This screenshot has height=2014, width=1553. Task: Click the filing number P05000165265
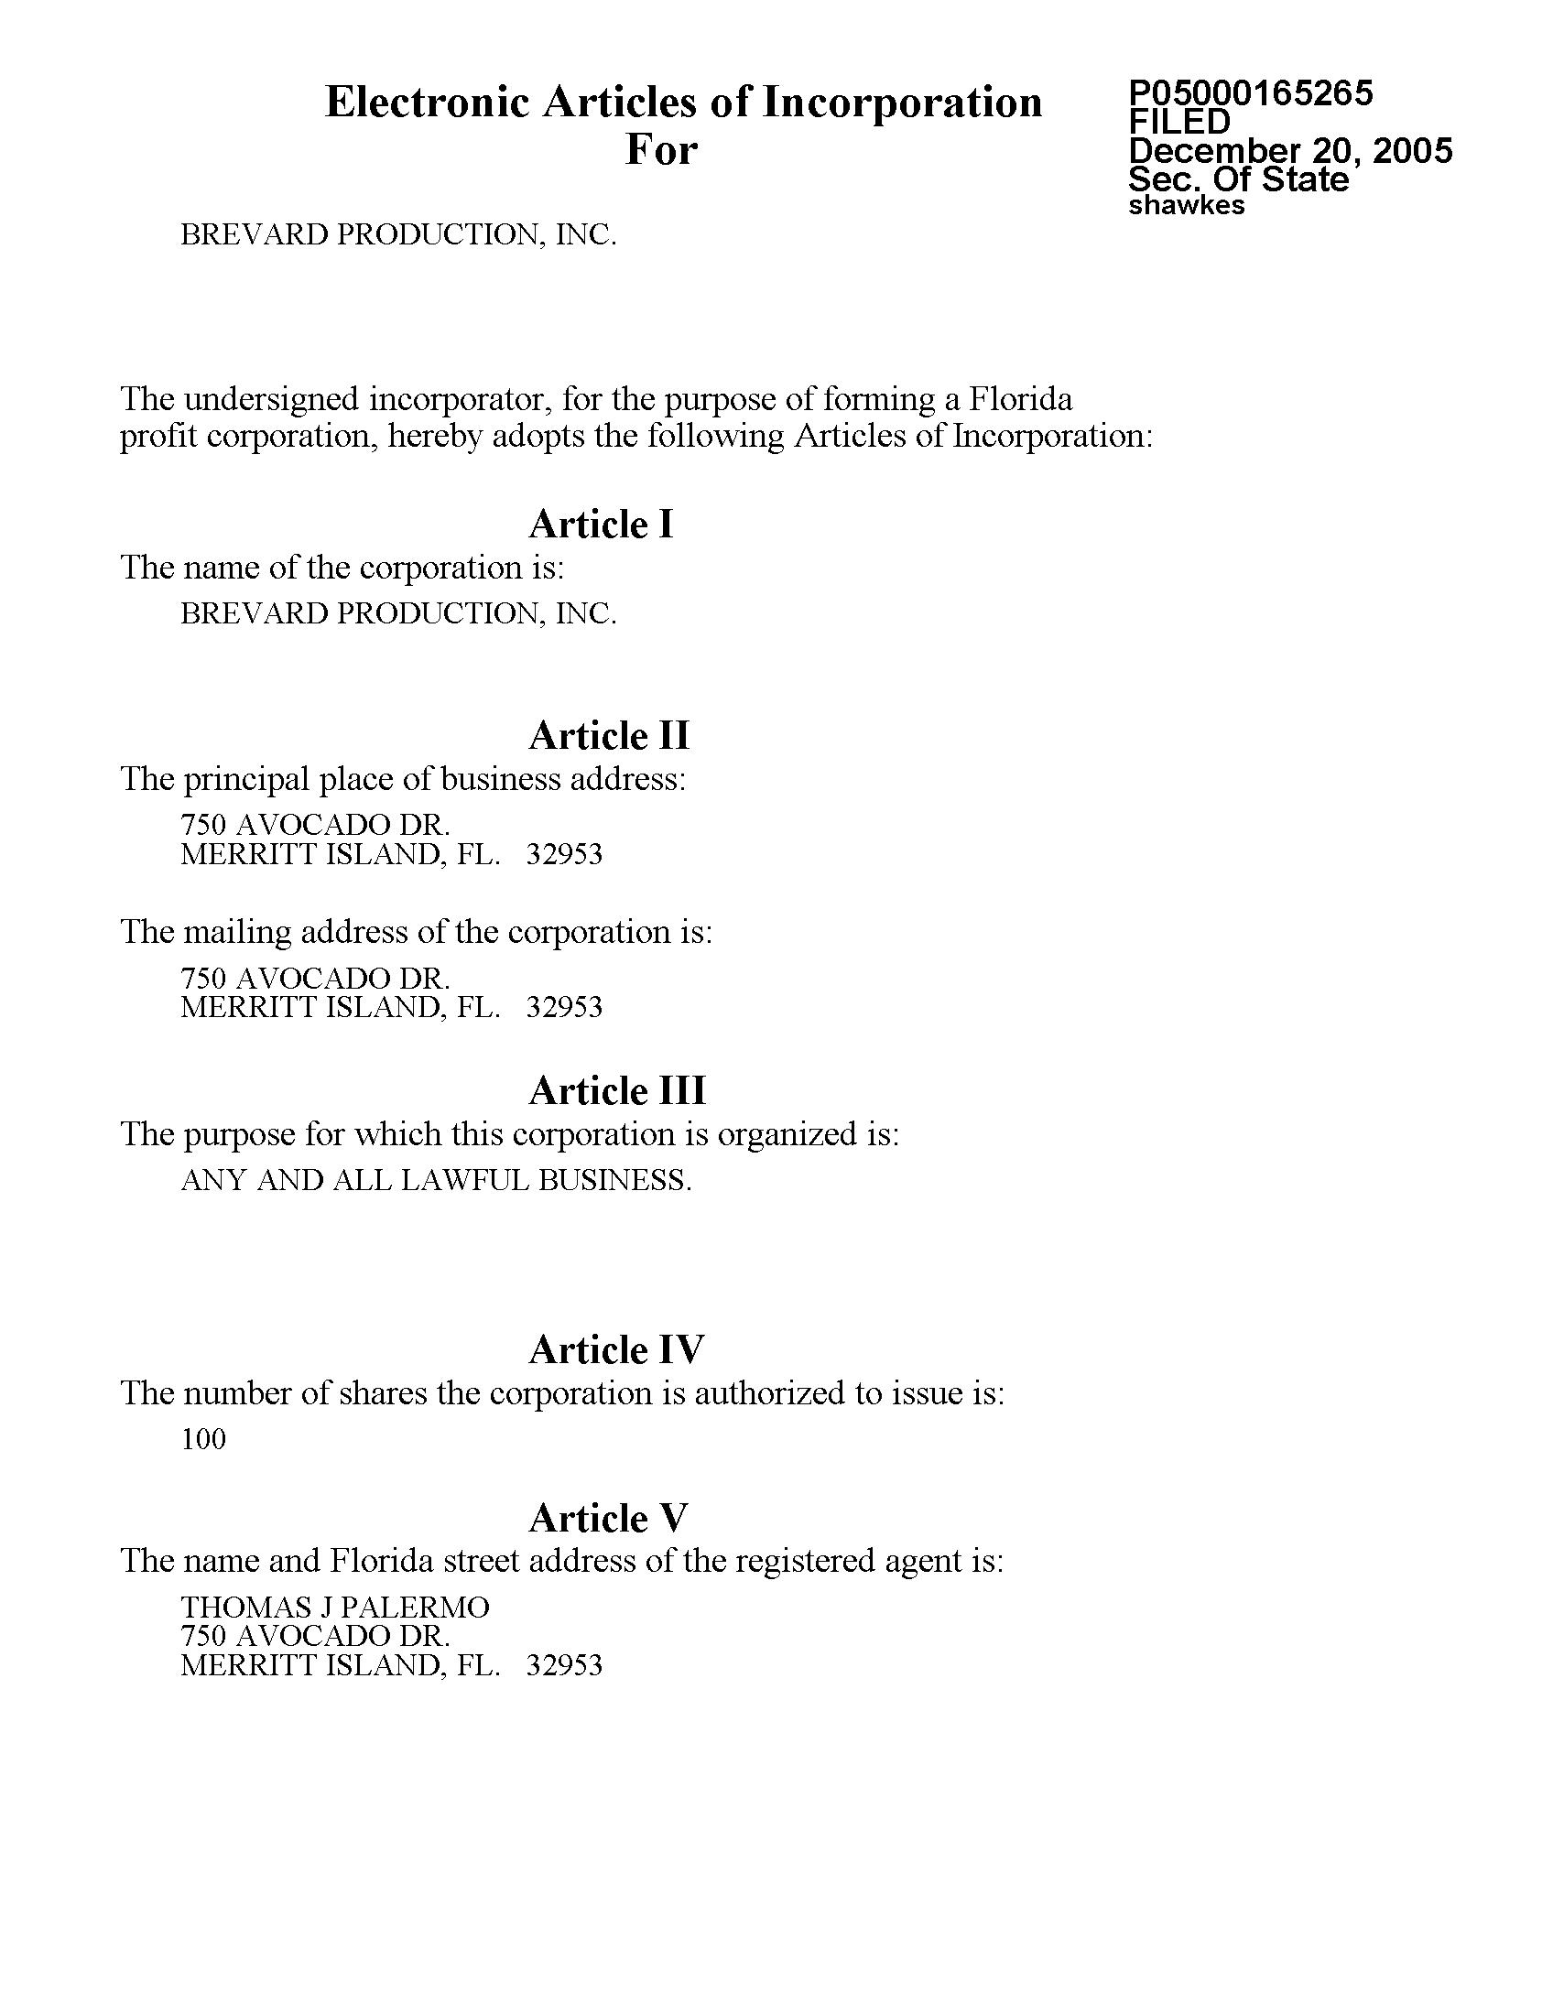(x=1251, y=92)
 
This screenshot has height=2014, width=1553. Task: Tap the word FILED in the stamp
(x=1179, y=121)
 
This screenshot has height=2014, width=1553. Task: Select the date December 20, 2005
(x=1290, y=150)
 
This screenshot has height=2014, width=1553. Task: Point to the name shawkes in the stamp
(x=1186, y=205)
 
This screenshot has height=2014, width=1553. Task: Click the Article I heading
(x=602, y=525)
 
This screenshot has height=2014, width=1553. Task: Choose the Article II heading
(x=609, y=736)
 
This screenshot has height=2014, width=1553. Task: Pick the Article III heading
(x=617, y=1091)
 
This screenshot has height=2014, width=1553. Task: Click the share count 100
(x=203, y=1439)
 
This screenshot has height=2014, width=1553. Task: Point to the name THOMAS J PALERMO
(x=335, y=1608)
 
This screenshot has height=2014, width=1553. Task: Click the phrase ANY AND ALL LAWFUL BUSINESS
(x=435, y=1180)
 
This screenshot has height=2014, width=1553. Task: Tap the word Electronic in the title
(x=427, y=103)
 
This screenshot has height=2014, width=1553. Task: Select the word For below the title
(x=661, y=149)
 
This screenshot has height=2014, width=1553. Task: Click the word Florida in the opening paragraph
(x=1019, y=399)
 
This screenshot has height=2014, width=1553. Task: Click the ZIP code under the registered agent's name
(x=563, y=1665)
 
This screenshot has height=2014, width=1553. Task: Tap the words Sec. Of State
(x=1238, y=179)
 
